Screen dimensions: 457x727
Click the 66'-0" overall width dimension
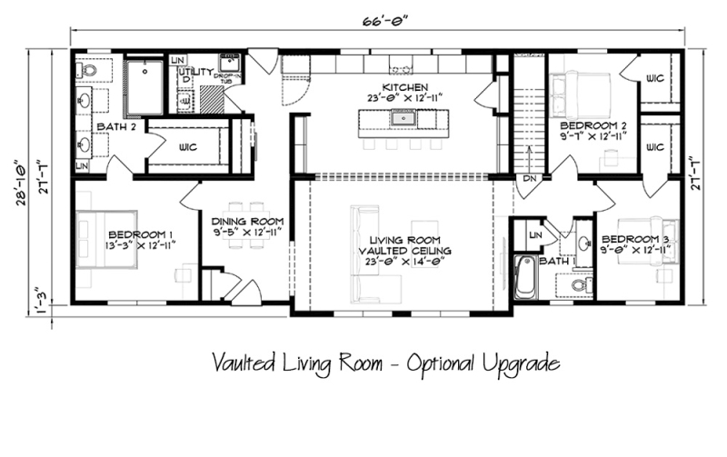(375, 20)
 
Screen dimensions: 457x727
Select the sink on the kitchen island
(400, 118)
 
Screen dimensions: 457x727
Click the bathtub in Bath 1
(525, 277)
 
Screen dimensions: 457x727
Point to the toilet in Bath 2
(90, 69)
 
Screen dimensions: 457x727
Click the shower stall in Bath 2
(144, 86)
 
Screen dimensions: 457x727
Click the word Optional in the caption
(447, 364)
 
